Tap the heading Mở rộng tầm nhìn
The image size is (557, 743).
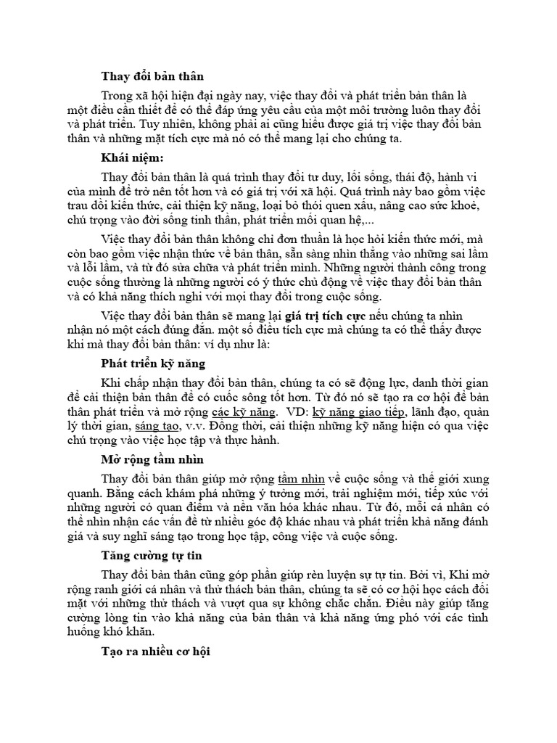[x=152, y=460]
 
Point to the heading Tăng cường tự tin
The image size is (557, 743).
[x=151, y=556]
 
